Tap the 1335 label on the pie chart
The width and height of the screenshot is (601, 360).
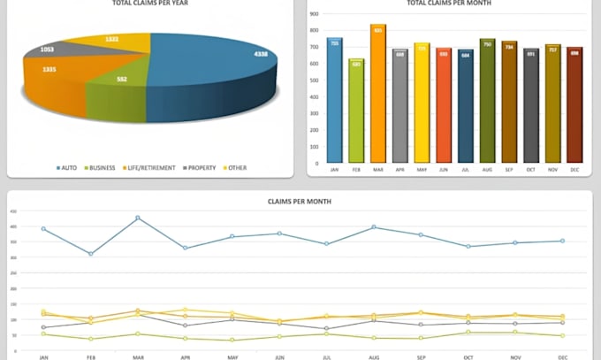(49, 69)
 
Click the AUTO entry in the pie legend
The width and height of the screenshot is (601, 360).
(69, 167)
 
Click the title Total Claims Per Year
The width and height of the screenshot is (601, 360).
(150, 4)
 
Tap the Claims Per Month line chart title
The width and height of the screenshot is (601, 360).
(300, 202)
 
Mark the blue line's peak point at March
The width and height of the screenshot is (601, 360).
(137, 218)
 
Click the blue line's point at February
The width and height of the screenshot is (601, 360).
(90, 254)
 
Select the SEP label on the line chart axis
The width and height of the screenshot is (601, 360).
(421, 356)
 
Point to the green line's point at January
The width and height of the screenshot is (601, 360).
(43, 333)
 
